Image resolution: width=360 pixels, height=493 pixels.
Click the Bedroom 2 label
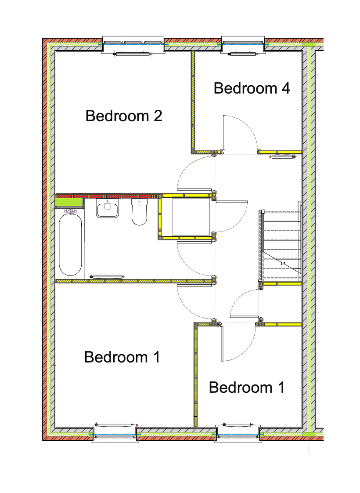coord(124,116)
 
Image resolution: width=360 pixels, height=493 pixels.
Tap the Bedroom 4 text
coord(252,88)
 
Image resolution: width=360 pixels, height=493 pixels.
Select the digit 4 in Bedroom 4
coord(285,88)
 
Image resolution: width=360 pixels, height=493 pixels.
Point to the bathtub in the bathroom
coord(70,244)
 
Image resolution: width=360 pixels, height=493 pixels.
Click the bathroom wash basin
coord(108,208)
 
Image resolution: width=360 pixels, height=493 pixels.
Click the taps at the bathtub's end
coord(71,210)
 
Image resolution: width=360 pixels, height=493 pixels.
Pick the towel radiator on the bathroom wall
coord(107,277)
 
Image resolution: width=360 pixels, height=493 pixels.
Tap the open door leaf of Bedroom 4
coord(225,133)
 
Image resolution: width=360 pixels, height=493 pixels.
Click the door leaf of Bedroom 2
coord(194,189)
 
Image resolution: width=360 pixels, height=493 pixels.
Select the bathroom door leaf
coord(194,242)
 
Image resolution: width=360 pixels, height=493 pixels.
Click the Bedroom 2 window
coord(133,45)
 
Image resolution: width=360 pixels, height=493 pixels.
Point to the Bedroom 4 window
coord(243,45)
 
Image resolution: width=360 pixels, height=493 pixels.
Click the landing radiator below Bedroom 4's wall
coord(284,156)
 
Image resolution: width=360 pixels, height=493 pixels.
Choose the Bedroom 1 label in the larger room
coord(122,357)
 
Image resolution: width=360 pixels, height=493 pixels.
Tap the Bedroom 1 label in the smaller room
coord(247,388)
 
